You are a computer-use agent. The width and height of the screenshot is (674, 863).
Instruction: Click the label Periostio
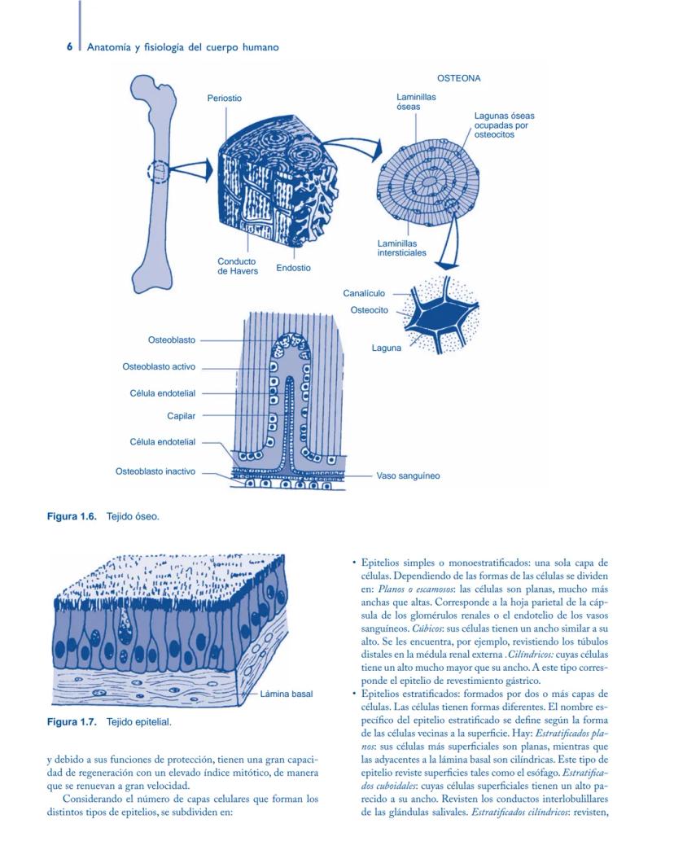224,99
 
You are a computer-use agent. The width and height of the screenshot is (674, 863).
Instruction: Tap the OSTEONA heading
458,79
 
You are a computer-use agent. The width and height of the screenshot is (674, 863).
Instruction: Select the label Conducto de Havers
237,266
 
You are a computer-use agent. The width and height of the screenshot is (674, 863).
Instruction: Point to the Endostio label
293,268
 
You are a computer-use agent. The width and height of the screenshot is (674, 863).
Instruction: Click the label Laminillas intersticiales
401,248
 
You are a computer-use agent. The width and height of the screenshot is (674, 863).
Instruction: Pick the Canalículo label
364,293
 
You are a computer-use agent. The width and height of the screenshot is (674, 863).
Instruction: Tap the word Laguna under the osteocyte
386,348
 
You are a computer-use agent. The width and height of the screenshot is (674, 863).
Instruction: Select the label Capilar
181,416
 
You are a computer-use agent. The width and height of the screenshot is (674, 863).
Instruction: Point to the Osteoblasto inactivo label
155,471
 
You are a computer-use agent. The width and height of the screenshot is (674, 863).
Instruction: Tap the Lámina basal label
286,694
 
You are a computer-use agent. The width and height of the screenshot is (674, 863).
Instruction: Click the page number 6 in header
70,47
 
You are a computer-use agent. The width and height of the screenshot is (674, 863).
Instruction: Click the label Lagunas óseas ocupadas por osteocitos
504,125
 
